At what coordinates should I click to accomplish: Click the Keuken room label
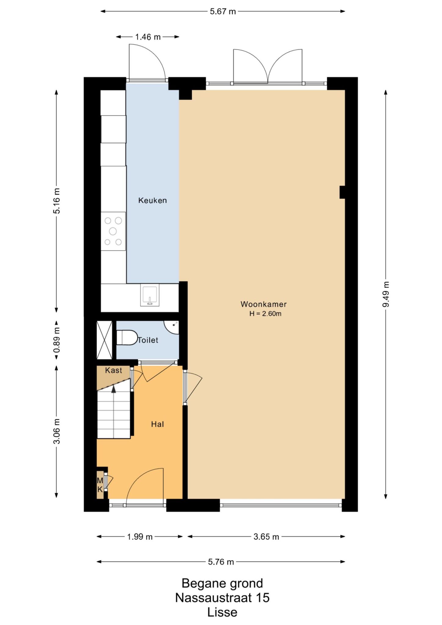(153, 201)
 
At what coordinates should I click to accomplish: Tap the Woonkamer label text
(264, 304)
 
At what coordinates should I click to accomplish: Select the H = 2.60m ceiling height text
(265, 314)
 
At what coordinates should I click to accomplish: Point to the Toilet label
(148, 340)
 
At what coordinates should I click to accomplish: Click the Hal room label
(158, 424)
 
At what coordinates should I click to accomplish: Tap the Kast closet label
(114, 370)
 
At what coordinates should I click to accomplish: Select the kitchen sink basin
(150, 295)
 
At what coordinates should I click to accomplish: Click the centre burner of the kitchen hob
(113, 231)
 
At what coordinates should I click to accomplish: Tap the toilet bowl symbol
(127, 338)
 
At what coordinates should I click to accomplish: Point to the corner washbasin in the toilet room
(172, 327)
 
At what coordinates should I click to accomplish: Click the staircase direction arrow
(114, 389)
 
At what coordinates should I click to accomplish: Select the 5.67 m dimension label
(223, 12)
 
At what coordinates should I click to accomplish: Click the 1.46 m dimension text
(148, 37)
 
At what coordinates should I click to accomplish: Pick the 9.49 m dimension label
(386, 294)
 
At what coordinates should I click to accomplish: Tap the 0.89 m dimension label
(57, 340)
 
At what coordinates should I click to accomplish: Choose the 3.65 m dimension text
(266, 537)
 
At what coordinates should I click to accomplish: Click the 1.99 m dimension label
(140, 537)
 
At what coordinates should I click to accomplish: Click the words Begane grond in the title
(222, 583)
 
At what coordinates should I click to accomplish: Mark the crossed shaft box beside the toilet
(104, 340)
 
